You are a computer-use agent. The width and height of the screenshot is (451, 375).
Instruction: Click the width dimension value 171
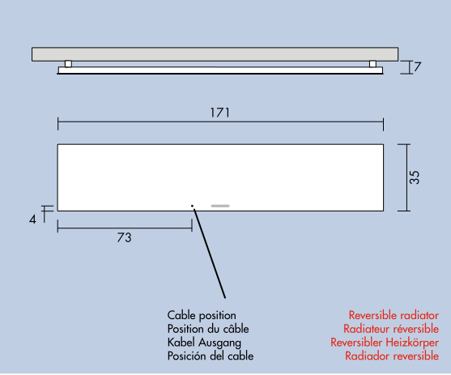tap(220, 113)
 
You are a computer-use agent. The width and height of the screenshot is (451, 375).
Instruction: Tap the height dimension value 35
tap(415, 177)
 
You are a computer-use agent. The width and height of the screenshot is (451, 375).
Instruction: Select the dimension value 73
tap(124, 238)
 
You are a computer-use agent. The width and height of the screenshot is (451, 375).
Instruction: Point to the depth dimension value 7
tap(417, 66)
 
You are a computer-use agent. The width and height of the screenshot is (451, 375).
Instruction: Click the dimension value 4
tap(32, 219)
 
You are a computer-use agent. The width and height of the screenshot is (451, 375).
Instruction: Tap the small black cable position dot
tap(192, 206)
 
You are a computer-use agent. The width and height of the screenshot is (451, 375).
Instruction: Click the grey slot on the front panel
tap(220, 206)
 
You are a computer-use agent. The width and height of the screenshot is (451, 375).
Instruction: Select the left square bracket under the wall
tap(68, 64)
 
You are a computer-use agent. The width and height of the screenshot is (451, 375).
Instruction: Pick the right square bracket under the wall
tap(372, 64)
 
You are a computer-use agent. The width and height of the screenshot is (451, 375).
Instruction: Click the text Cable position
tap(202, 315)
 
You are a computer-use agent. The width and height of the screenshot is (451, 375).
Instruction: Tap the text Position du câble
tap(208, 329)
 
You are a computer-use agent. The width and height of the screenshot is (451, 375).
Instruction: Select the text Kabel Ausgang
tap(204, 343)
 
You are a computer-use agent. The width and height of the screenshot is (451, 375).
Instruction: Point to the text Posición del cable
tap(211, 356)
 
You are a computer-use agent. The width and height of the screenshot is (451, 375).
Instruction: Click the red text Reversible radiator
tap(394, 315)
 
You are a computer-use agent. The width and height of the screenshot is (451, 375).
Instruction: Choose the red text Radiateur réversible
tap(391, 329)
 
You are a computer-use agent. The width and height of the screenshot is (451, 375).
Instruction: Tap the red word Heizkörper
tap(412, 343)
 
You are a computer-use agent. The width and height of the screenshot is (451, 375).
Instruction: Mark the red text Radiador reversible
tap(392, 356)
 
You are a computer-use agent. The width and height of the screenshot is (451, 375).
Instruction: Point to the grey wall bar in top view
tap(215, 54)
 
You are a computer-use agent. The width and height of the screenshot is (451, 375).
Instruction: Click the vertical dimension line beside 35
tap(406, 177)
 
